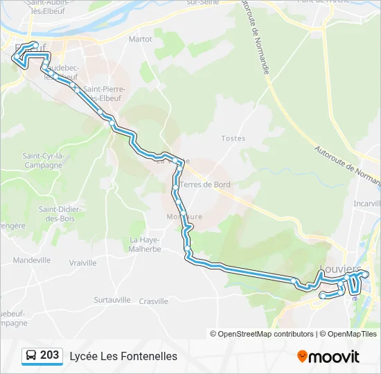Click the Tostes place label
[x=233, y=139]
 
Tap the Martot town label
[x=140, y=39]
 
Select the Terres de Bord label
[x=205, y=185]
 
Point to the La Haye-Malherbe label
[x=145, y=244]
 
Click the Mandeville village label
[x=32, y=260]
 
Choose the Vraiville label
[x=83, y=263]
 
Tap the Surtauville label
[x=112, y=300]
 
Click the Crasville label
[x=154, y=301]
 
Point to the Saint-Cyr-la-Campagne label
[x=43, y=160]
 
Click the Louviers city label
[x=340, y=269]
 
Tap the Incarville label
[x=367, y=204]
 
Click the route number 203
[x=49, y=355]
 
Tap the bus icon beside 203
[x=31, y=356]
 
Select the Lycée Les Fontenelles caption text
[x=123, y=356]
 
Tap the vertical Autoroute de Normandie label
[x=254, y=39]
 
